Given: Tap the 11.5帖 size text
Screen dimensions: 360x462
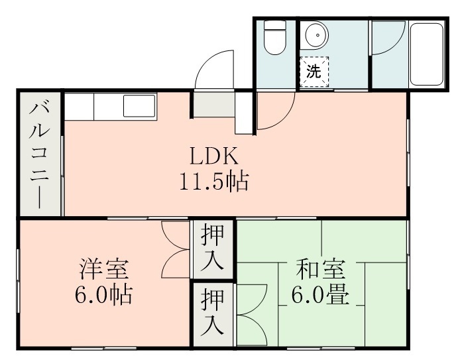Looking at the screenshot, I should tap(213, 180).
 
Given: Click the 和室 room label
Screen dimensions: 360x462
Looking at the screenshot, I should tap(320, 270).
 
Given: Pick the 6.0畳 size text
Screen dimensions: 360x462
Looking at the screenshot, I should tap(320, 293).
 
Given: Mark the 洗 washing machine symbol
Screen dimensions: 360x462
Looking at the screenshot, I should tap(314, 72).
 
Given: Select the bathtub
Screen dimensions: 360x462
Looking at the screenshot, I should tap(427, 54).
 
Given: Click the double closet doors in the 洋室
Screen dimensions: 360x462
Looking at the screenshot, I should tap(176, 249).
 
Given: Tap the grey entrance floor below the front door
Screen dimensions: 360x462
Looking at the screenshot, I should tap(213, 103).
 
